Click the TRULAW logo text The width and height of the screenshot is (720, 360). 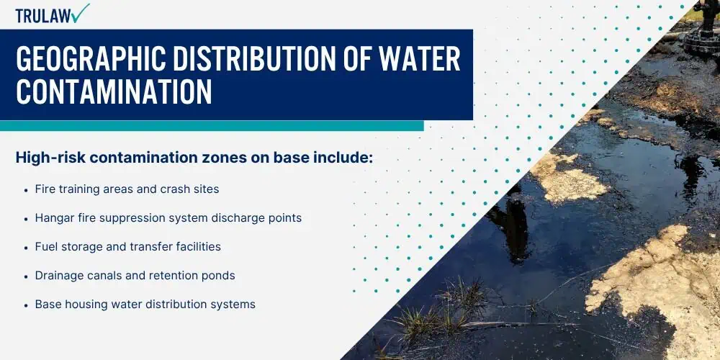coord(44,16)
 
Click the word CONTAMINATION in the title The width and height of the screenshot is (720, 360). coord(114,91)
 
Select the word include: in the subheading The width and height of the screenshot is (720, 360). coord(343,158)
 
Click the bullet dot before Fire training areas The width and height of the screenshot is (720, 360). coord(26,189)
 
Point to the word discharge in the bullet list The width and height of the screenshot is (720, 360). coord(233,217)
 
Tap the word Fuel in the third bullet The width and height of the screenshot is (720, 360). coord(44,246)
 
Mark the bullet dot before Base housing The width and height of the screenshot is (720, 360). coord(26,305)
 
